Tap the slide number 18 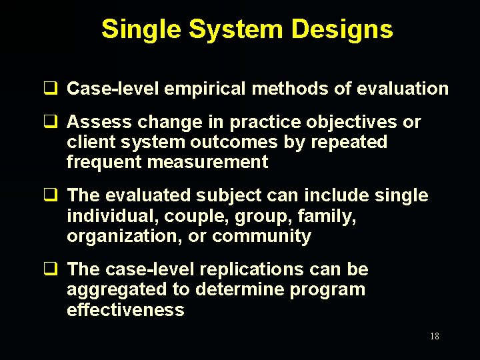[434, 336]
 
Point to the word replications [239, 269]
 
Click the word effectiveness [125, 309]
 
